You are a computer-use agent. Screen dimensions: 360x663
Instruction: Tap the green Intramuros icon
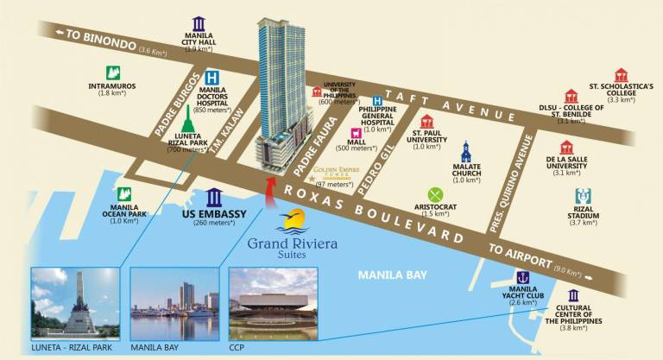[111, 73]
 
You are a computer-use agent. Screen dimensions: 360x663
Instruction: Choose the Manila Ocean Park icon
[125, 196]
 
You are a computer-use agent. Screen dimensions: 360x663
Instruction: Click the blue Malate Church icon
[466, 152]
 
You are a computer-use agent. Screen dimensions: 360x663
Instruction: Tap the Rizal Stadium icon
[583, 197]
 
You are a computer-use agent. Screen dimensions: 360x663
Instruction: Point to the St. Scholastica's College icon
[621, 76]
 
